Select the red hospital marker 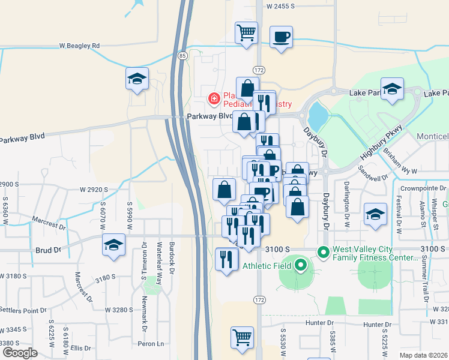(x=213, y=98)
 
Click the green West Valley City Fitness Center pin (x=324, y=253)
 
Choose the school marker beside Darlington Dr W (x=375, y=213)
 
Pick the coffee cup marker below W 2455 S (x=281, y=37)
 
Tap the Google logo (x=19, y=353)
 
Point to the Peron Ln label (x=151, y=344)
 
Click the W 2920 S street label (x=94, y=190)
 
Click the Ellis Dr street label (x=79, y=347)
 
